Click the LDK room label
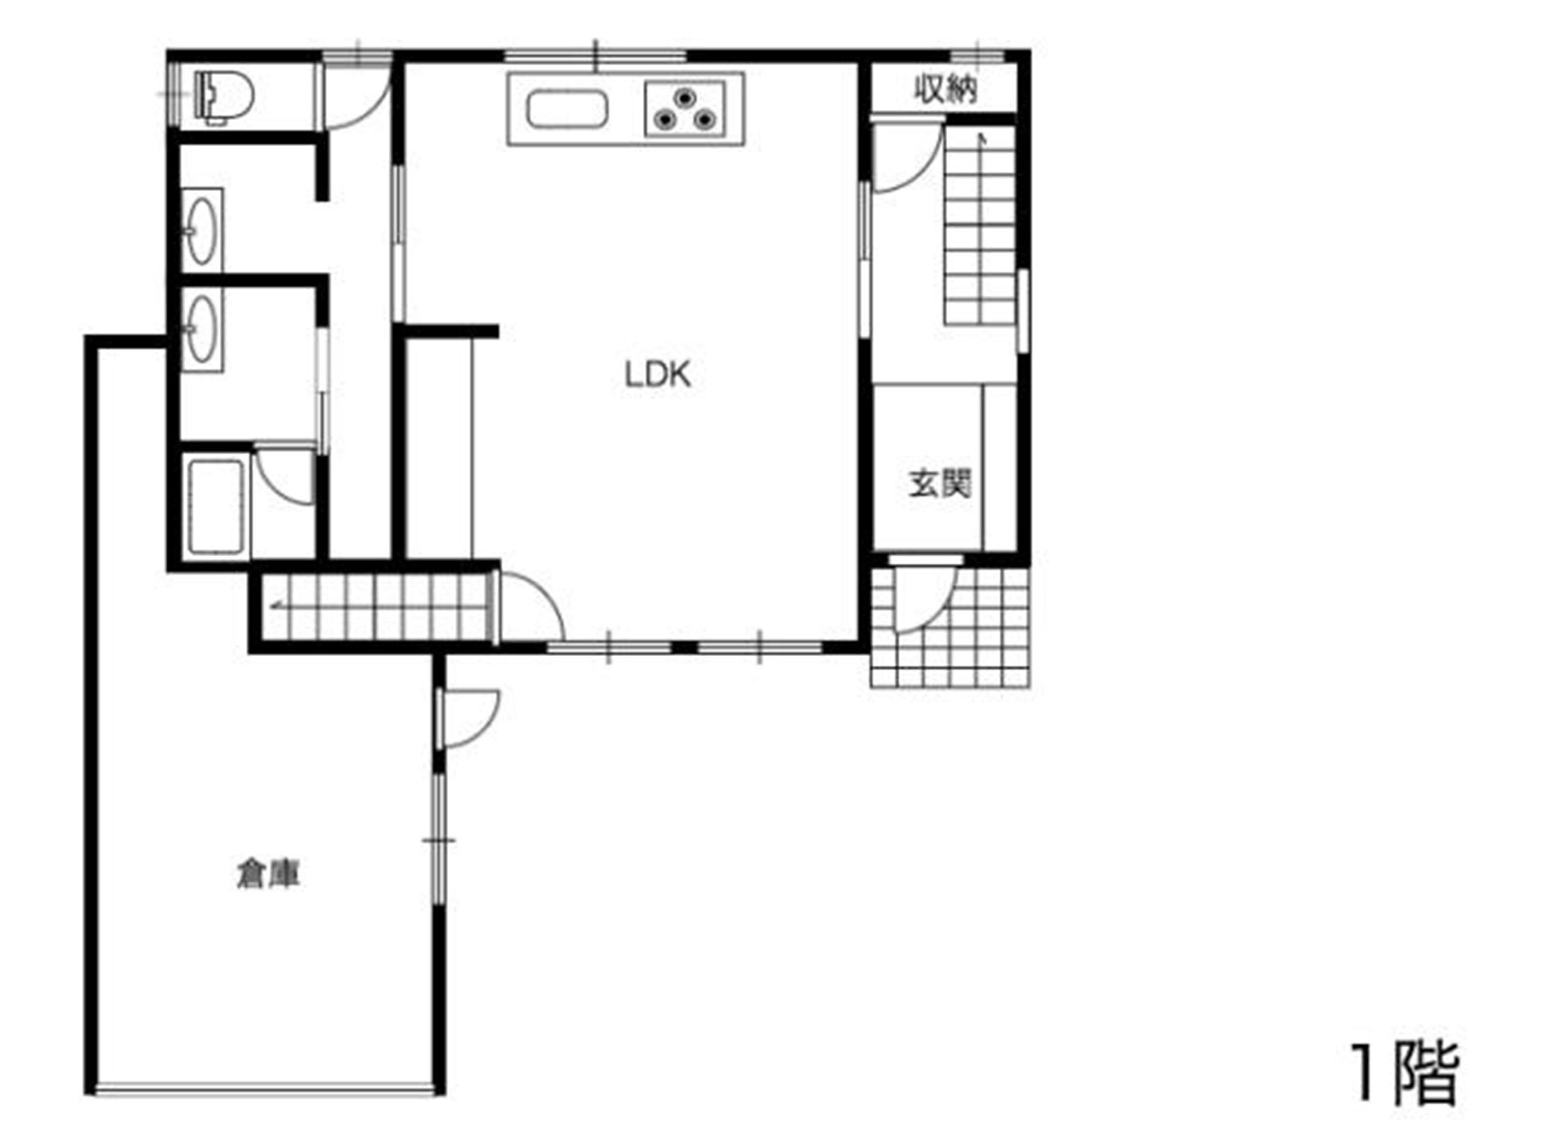(x=657, y=375)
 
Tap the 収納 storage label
(x=945, y=90)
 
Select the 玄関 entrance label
(x=939, y=483)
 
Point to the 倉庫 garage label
(x=269, y=875)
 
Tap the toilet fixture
(x=224, y=97)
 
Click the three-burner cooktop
(x=685, y=109)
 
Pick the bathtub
(x=215, y=507)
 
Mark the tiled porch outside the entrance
(x=950, y=627)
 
